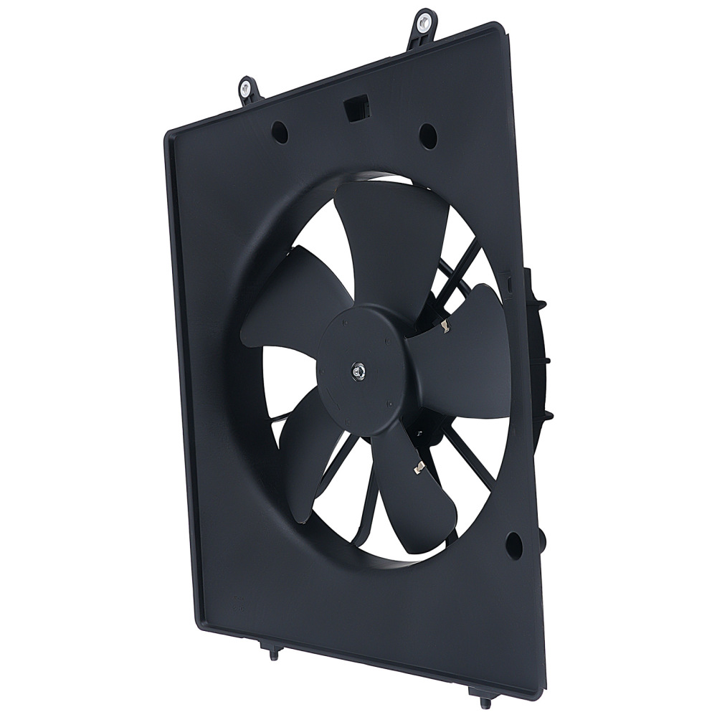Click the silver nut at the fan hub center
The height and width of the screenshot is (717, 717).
358,371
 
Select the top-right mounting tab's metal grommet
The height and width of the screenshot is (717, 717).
424,20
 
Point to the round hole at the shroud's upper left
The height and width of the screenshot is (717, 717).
280,132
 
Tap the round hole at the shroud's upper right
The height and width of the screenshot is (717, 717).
428,134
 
